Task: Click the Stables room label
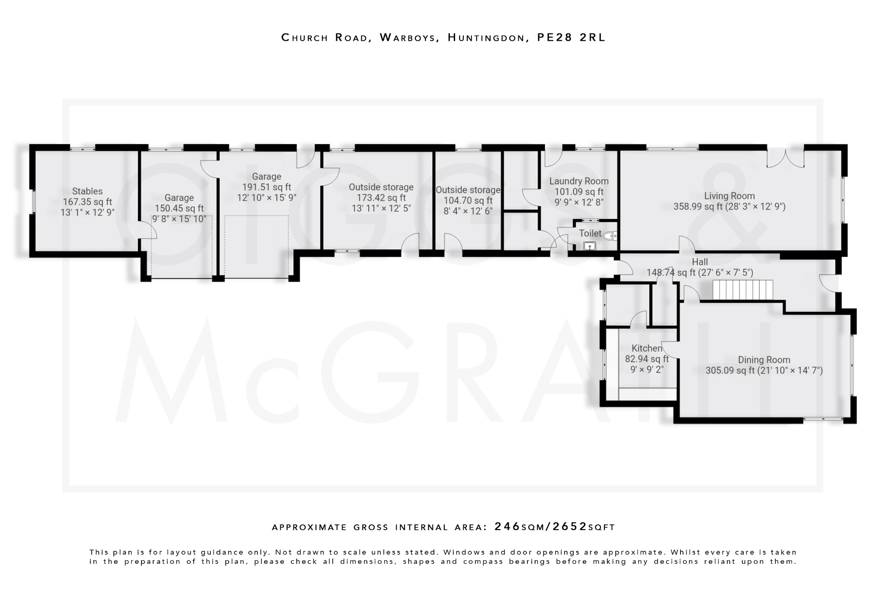(87, 191)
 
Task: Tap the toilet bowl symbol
(610, 236)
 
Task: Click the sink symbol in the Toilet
(589, 246)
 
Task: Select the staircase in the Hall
(742, 290)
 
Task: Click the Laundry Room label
(579, 181)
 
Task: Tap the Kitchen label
(646, 348)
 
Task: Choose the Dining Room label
(764, 360)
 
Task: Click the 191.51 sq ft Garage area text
(266, 187)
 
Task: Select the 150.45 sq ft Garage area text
(179, 208)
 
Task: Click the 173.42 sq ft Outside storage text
(381, 198)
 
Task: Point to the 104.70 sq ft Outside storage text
(468, 200)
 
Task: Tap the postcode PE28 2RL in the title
(571, 38)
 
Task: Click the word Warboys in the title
(408, 38)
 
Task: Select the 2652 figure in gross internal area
(570, 526)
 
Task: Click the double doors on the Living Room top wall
(786, 158)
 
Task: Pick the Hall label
(700, 262)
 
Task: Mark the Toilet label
(590, 233)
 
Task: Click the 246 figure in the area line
(507, 526)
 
